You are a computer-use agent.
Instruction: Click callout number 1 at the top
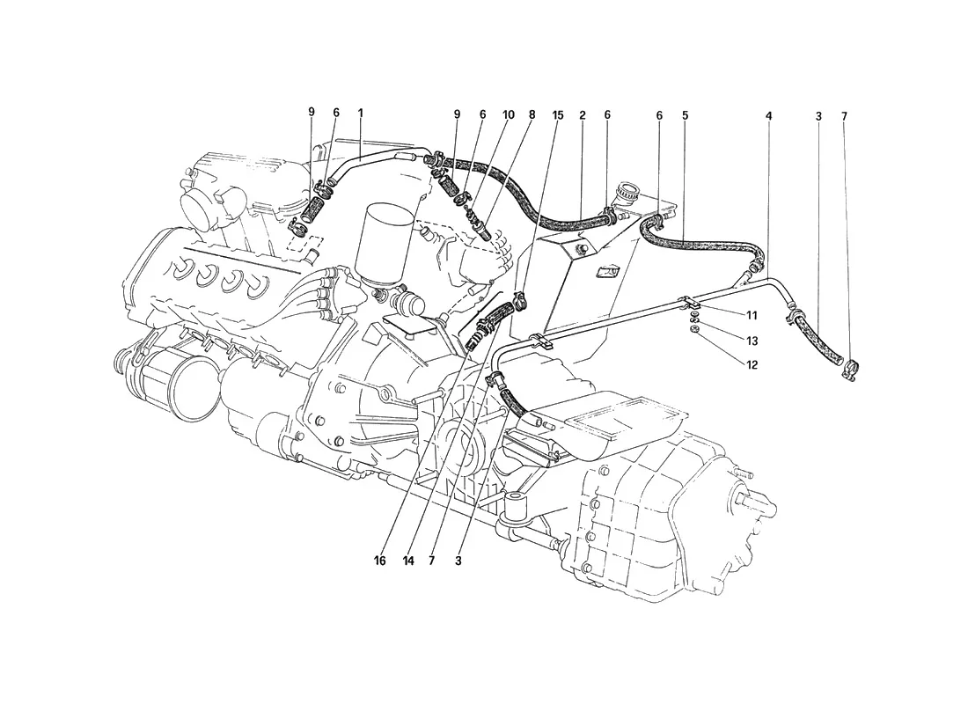[361, 114]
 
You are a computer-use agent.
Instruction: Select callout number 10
[508, 115]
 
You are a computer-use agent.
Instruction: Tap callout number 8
[532, 115]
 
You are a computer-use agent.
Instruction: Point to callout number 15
[557, 115]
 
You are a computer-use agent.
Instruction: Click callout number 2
[583, 115]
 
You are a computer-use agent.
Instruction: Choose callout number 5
[686, 115]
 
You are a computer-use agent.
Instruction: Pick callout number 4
[768, 116]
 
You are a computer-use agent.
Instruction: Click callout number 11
[752, 316]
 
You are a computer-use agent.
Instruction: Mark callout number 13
[752, 341]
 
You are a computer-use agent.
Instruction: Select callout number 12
[752, 365]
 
